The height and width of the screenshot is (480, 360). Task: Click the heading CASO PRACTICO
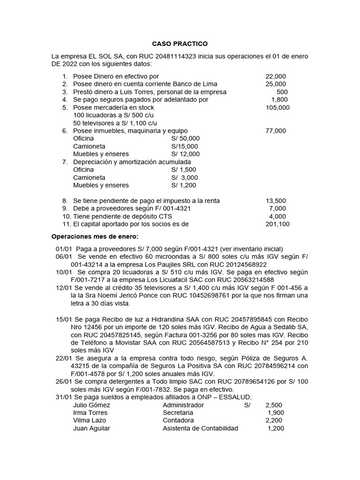(180, 44)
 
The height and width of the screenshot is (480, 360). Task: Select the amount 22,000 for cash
(276, 76)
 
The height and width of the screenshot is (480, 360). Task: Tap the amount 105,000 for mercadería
(277, 107)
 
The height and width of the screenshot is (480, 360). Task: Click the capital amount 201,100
(277, 224)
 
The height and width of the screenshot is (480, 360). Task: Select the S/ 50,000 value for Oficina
(185, 138)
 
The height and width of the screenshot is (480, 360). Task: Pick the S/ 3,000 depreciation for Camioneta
(185, 178)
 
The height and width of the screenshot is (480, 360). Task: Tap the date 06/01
(64, 256)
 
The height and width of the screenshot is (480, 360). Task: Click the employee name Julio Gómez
(92, 405)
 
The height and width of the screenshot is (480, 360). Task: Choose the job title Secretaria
(178, 412)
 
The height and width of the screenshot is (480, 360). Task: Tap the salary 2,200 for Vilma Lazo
(274, 420)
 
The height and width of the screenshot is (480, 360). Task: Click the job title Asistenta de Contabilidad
(200, 428)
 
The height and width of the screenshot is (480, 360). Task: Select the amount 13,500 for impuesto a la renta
(276, 201)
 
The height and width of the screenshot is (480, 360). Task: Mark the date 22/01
(64, 358)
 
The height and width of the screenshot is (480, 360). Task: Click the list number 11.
(66, 224)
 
